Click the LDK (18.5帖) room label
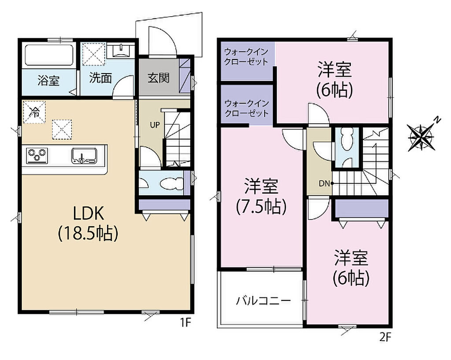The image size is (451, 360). (88, 223)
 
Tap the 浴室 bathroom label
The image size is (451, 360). (48, 81)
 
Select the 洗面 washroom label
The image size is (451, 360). (100, 78)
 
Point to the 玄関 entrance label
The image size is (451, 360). (159, 78)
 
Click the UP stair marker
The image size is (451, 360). (155, 125)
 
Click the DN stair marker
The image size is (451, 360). (324, 183)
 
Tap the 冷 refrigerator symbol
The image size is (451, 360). (34, 112)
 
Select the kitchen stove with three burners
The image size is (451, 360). (37, 156)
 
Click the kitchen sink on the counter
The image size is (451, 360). (84, 156)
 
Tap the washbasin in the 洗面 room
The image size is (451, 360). (121, 50)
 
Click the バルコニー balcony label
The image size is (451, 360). (263, 301)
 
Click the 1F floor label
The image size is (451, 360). (186, 323)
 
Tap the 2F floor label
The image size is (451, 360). (385, 337)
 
